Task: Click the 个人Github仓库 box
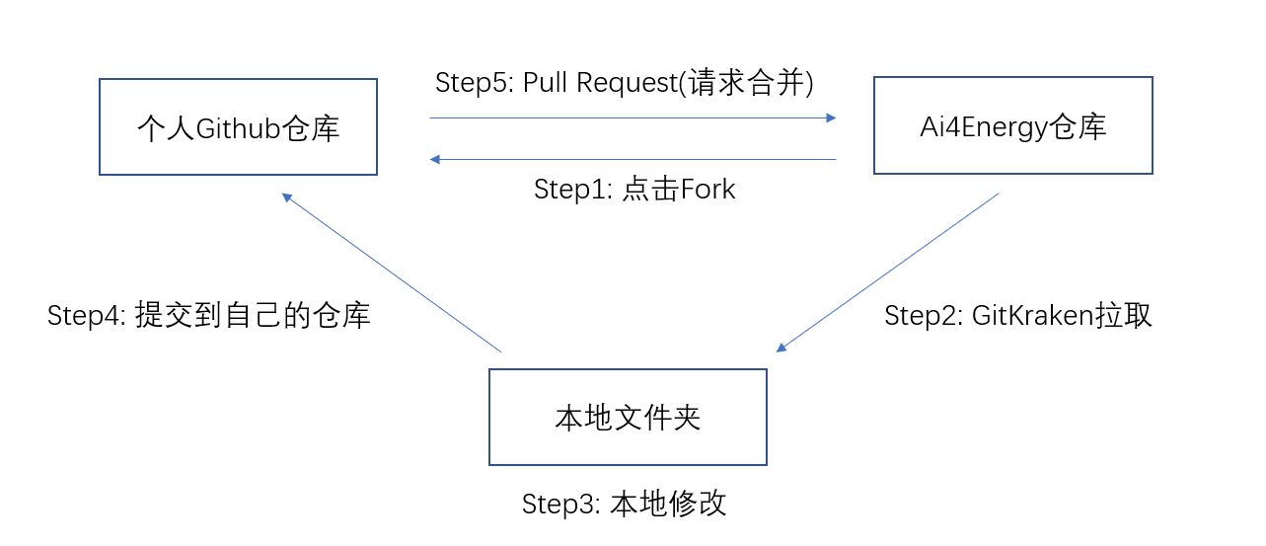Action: coord(238,127)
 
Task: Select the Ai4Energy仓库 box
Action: coord(1012,126)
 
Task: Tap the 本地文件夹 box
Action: coord(628,417)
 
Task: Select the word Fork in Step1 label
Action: coord(707,189)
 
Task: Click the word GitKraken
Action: coord(1032,315)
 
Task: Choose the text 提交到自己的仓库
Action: coord(253,316)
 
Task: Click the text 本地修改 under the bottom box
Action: coord(668,504)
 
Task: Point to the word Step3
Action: coord(558,504)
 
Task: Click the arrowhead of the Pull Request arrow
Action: coord(831,117)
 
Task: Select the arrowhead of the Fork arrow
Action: coord(435,159)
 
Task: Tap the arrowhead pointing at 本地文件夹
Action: coord(782,347)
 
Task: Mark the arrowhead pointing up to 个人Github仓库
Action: coord(287,197)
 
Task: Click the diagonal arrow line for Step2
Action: coord(888,272)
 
